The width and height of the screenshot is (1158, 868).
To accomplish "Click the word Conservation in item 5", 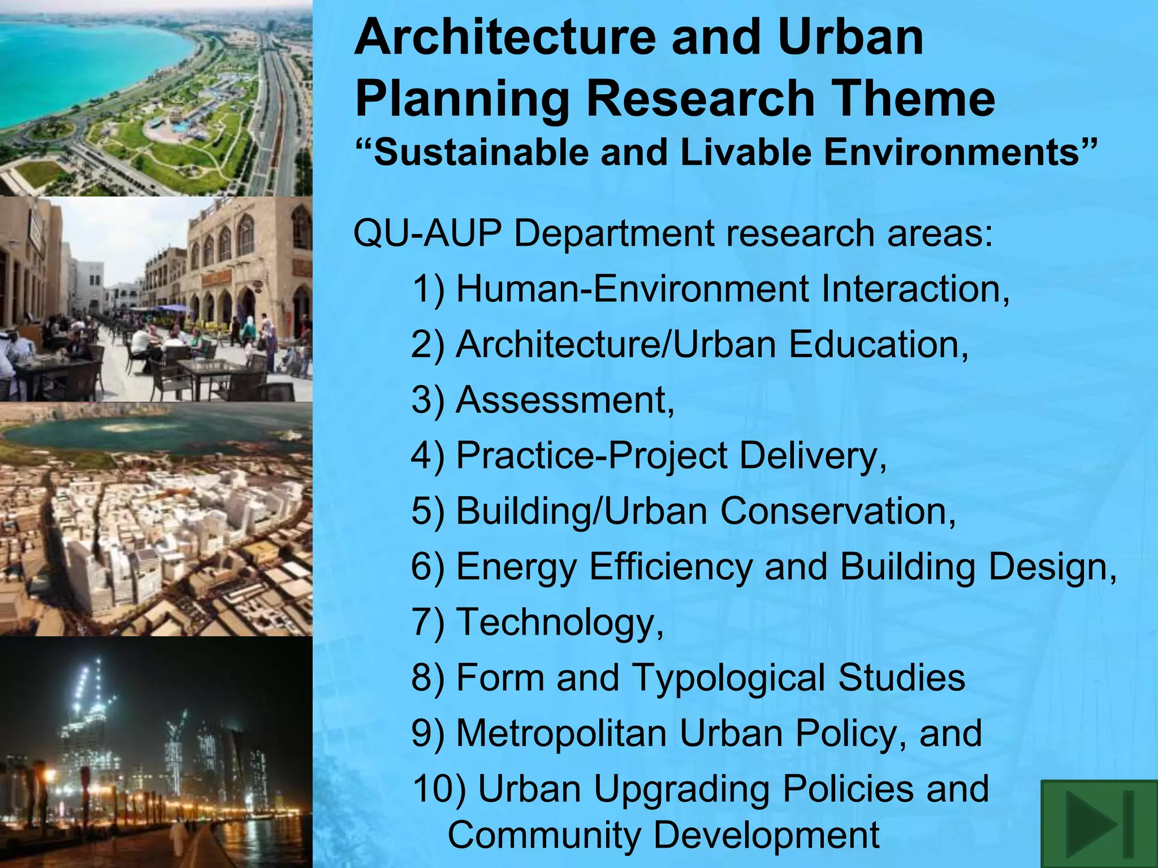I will pos(837,511).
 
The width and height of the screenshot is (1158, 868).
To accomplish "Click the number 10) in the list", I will pos(439,789).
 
